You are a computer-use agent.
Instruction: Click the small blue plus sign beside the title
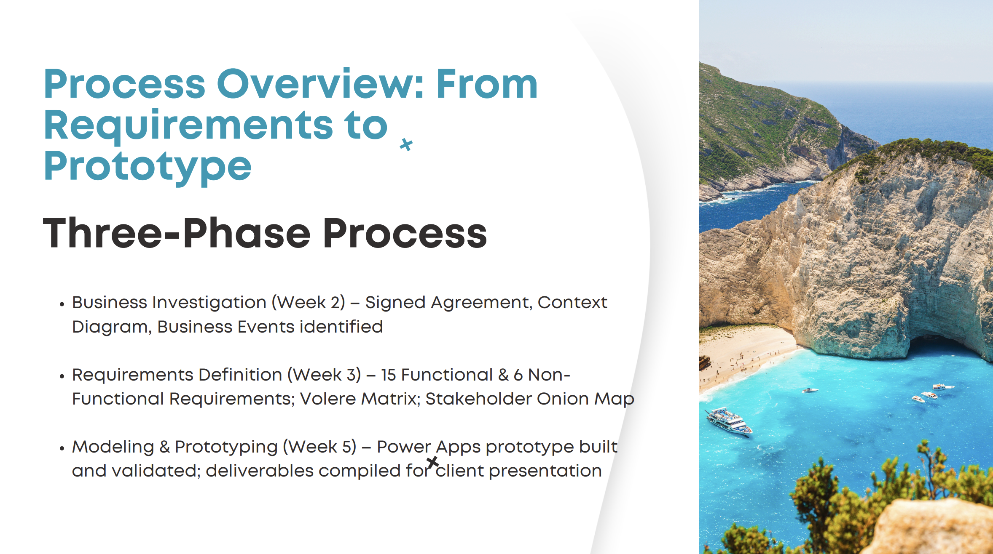(x=406, y=144)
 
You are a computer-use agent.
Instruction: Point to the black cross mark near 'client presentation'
(x=432, y=462)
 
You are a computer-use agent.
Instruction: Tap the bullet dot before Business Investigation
(x=62, y=304)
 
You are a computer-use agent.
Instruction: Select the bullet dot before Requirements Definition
(x=62, y=376)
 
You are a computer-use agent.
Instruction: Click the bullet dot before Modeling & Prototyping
(x=62, y=448)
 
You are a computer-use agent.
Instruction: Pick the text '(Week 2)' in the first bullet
(x=309, y=303)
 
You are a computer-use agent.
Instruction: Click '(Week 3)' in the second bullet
(x=324, y=375)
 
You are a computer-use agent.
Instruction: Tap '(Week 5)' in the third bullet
(x=319, y=447)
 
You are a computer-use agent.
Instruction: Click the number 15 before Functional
(x=388, y=375)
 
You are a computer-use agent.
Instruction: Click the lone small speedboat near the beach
(x=810, y=390)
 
